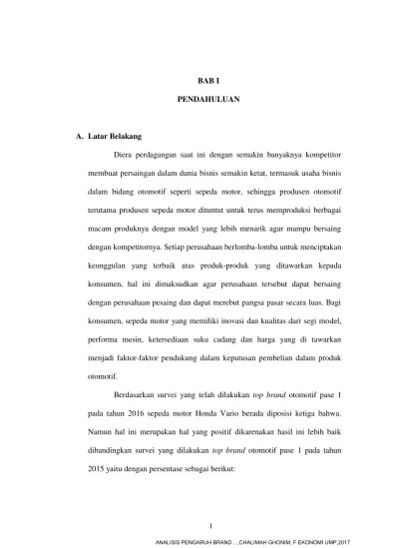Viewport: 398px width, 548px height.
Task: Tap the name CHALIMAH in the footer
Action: tap(276, 540)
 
